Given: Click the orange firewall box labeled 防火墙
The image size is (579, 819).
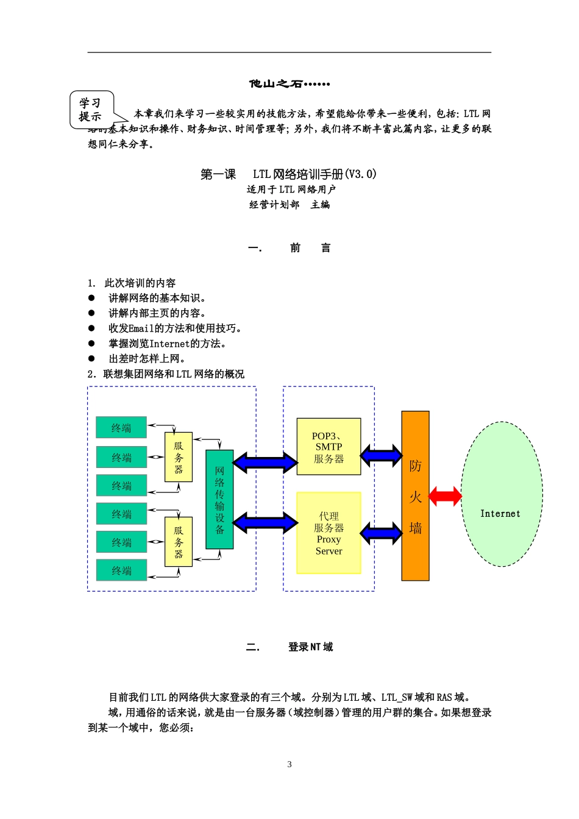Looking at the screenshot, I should [x=415, y=495].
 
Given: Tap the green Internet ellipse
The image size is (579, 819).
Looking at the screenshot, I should [x=501, y=494].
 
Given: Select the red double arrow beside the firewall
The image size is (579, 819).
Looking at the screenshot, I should [x=446, y=496].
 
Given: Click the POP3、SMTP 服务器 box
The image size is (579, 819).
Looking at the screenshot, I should [x=329, y=447].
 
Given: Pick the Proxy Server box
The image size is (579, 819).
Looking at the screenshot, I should [x=329, y=533].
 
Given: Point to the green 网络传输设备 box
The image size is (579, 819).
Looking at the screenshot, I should [x=219, y=499].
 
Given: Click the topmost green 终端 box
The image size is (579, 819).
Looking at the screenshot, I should [x=121, y=428].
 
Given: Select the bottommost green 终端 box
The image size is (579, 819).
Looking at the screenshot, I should [x=121, y=570].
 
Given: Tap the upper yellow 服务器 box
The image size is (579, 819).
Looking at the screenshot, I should [x=179, y=457].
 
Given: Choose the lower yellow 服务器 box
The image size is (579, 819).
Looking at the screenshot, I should [x=179, y=542].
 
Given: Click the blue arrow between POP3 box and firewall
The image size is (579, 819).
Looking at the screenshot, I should [x=381, y=455].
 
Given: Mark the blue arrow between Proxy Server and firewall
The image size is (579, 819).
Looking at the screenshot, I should [x=381, y=533].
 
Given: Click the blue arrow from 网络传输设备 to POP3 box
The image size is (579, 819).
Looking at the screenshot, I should [x=265, y=462].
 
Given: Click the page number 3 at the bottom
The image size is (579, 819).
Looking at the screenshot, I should [x=289, y=764].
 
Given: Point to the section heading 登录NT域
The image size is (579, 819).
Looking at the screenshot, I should [x=310, y=647].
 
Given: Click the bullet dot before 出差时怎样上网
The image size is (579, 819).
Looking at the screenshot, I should [x=91, y=358].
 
